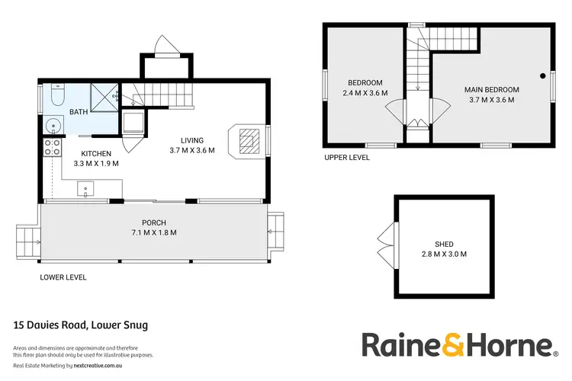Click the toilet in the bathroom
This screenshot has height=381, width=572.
[57, 96]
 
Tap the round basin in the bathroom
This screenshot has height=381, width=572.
[52, 126]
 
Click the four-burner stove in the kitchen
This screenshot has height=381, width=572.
[52, 146]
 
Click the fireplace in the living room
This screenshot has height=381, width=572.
[248, 140]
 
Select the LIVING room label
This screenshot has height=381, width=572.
[191, 140]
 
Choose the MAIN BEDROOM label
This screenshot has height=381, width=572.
[491, 89]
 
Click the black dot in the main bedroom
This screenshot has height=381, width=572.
[542, 75]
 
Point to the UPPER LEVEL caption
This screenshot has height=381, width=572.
[347, 158]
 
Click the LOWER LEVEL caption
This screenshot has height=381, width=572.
[63, 277]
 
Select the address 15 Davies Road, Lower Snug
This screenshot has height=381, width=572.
[81, 325]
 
